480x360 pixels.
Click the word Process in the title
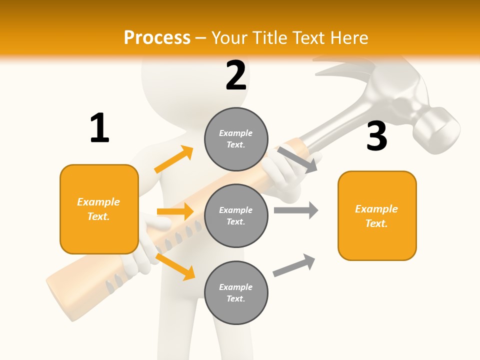(157, 38)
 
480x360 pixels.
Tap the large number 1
(99, 128)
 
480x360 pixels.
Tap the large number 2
(236, 75)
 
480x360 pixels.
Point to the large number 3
(376, 136)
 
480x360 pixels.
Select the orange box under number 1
(99, 209)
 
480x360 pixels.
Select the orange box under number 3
(377, 215)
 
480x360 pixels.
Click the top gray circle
(236, 139)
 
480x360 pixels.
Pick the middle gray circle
(236, 215)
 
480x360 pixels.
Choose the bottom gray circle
(236, 292)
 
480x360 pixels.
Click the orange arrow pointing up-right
(173, 159)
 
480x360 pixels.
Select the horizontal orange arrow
(175, 211)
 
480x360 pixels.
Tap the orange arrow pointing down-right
(175, 266)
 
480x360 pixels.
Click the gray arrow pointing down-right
(297, 159)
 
